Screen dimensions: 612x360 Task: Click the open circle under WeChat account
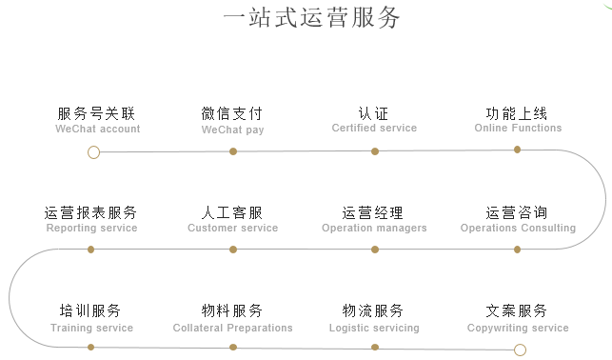pos(93,151)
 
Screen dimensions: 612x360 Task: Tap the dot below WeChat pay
pos(233,151)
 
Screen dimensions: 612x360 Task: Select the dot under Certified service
pos(375,151)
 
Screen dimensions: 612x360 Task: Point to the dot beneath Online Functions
pos(517,150)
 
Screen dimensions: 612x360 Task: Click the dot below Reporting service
pos(91,250)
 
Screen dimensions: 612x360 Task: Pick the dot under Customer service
pos(233,250)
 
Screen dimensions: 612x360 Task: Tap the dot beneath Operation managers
pos(375,250)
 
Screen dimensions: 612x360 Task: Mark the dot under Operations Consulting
pos(518,250)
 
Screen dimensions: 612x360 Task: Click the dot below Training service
pos(91,348)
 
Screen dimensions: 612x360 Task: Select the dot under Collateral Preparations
pos(233,348)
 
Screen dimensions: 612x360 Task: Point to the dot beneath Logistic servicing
pos(375,348)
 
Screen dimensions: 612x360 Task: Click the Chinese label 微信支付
pos(232,113)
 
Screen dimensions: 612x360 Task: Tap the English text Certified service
pos(374,128)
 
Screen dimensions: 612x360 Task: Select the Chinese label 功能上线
pos(517,113)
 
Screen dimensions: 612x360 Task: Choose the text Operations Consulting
pos(518,228)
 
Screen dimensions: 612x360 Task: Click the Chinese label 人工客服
pos(232,212)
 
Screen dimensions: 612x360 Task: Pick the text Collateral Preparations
pos(233,328)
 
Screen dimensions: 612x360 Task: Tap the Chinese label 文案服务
pos(517,311)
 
